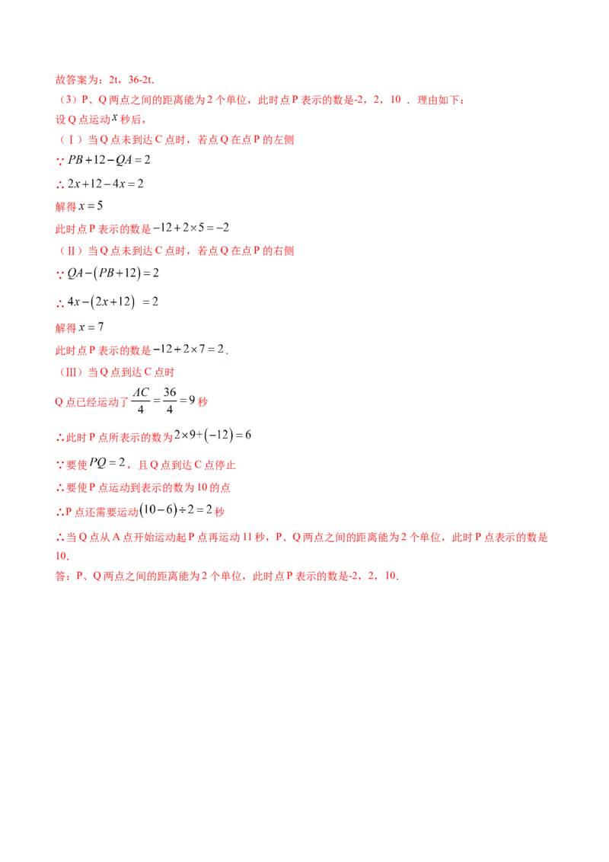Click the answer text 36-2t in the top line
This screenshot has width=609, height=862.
(x=140, y=80)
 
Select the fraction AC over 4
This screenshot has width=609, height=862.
(x=141, y=401)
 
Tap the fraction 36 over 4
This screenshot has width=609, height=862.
(x=170, y=401)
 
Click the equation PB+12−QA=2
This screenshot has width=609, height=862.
(x=109, y=160)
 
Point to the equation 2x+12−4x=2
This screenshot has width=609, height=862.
(x=106, y=184)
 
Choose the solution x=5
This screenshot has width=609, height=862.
(x=91, y=206)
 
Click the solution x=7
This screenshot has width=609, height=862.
(x=91, y=327)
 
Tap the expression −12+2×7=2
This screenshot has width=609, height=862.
(x=189, y=349)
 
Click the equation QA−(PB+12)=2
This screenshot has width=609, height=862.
(x=113, y=273)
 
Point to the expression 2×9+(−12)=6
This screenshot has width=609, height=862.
(x=212, y=436)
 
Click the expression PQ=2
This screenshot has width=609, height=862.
(x=107, y=463)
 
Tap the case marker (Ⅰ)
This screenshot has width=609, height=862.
(x=70, y=139)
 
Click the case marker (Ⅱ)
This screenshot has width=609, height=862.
(x=70, y=251)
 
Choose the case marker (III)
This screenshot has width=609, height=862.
(x=70, y=372)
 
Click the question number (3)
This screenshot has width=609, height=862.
(x=68, y=100)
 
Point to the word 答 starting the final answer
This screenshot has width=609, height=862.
(x=60, y=576)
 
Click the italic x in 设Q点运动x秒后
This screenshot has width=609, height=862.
(x=115, y=117)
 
